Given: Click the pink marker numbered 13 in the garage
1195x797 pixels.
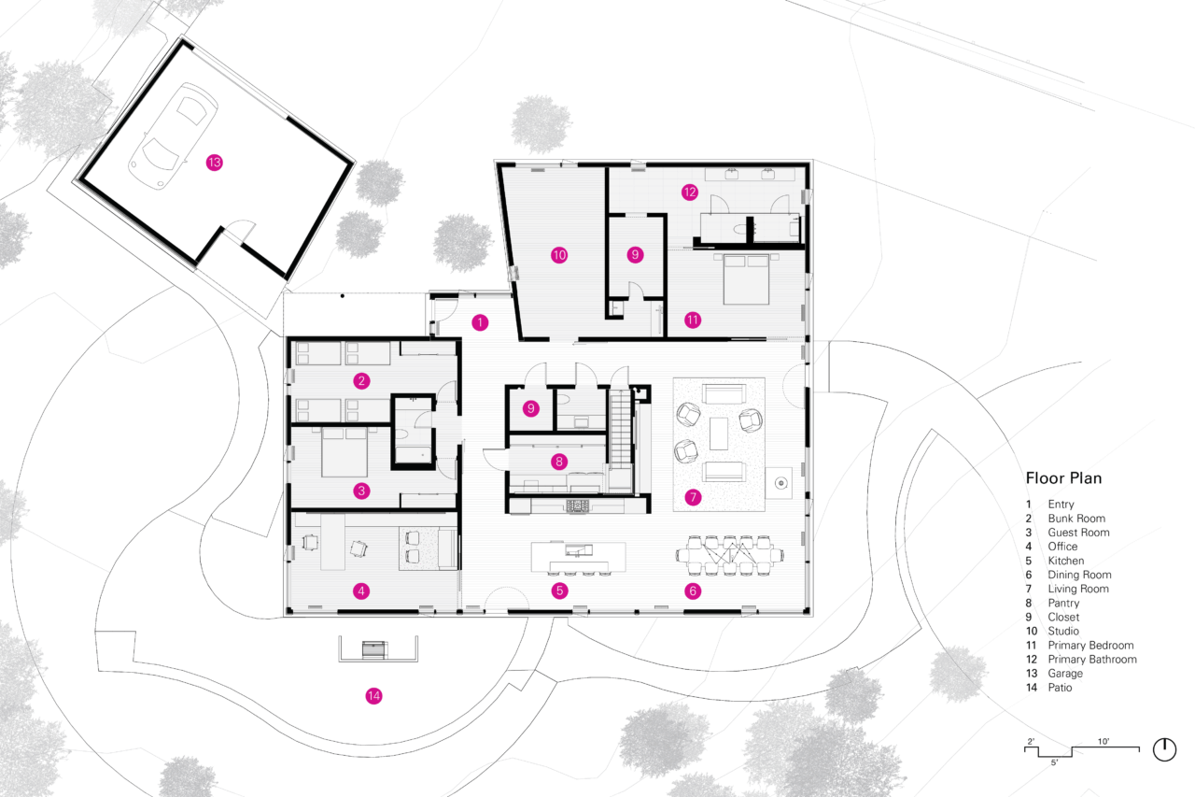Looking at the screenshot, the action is point(215,163).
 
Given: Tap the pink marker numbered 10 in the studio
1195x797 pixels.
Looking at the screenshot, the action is point(559,255).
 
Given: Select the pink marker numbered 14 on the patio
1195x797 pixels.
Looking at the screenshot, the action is point(373,695).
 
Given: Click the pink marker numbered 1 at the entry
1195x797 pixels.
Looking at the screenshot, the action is point(480,322).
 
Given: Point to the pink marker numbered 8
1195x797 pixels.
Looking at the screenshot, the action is point(559,462).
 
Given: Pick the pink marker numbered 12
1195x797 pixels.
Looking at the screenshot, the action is point(690,192).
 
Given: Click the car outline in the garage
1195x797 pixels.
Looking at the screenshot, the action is point(174,136).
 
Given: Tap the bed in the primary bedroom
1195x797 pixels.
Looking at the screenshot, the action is point(746,279).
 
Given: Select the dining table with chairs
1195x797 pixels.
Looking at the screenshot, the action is point(730,556).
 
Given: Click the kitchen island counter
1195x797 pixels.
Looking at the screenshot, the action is point(578,557).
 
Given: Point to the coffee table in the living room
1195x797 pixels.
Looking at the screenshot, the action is point(719,434).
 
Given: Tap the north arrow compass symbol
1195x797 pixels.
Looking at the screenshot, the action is point(1164,749).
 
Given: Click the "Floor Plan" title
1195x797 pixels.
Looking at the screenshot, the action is point(1063,477).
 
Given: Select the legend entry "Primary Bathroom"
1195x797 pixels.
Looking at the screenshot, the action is point(1092,660).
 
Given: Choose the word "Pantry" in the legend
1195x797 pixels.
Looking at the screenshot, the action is point(1063,603).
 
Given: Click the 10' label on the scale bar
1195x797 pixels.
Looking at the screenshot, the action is point(1104,741).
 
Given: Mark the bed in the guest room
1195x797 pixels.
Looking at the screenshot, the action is point(344,451).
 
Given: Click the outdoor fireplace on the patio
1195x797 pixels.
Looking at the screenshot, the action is point(374,649).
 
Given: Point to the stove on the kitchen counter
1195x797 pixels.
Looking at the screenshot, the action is point(578,505).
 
